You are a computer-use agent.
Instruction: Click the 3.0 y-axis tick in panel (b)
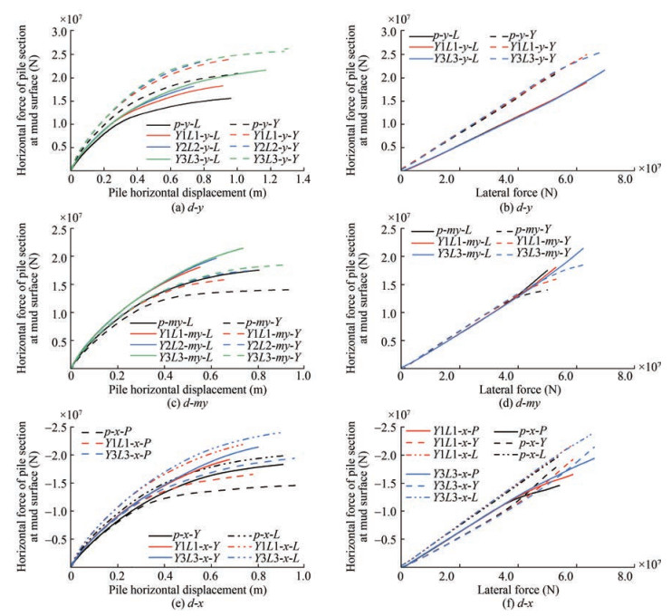pos(388,32)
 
